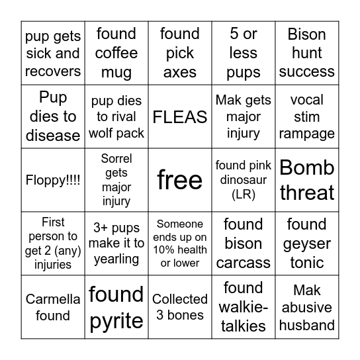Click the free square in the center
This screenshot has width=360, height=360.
[x=180, y=180]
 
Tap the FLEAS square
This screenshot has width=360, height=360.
[x=180, y=116]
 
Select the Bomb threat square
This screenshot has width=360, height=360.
[x=307, y=180]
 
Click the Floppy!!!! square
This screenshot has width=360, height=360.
[x=53, y=180]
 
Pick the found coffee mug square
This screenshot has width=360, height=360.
[x=116, y=53]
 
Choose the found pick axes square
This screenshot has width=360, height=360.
[x=180, y=53]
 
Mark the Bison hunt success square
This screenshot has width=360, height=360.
[x=307, y=53]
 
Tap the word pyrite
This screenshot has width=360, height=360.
[x=116, y=321]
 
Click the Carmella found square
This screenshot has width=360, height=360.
[x=53, y=307]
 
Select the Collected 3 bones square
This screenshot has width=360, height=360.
[x=180, y=307]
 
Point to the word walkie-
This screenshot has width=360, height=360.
[x=244, y=307]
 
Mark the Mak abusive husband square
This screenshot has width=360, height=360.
[x=307, y=307]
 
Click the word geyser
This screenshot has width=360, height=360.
[x=307, y=244]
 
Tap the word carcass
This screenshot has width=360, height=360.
[x=244, y=263]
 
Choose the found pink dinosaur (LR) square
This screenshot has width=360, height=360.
[x=244, y=180]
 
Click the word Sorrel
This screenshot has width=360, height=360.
[x=116, y=159]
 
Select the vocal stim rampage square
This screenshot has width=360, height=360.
[x=307, y=116]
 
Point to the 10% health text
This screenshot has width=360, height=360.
[x=180, y=250]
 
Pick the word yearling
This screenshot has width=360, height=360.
[x=116, y=259]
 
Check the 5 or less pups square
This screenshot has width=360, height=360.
[x=244, y=53]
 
